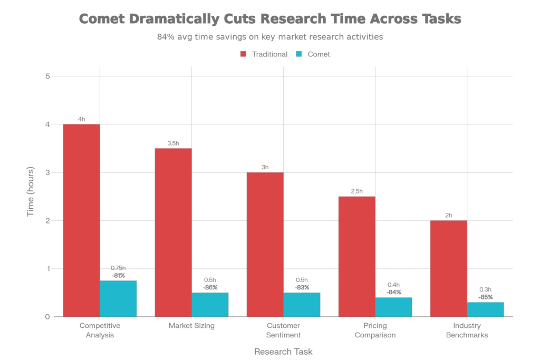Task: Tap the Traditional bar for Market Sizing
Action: [x=173, y=232]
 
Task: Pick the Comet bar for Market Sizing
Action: [x=210, y=305]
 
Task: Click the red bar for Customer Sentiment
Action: [x=265, y=245]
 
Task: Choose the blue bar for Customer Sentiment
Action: [x=302, y=305]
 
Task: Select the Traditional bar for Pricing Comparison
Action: [x=356, y=256]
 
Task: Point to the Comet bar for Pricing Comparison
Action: [x=394, y=307]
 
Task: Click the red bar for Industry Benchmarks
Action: [x=448, y=268]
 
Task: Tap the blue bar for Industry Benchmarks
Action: [x=486, y=309]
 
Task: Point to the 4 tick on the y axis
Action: [x=47, y=124]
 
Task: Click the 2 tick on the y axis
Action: [x=47, y=220]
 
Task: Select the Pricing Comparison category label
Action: [x=375, y=330]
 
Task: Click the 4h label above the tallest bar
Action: [x=81, y=119]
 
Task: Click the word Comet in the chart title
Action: [x=100, y=20]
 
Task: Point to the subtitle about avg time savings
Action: [x=269, y=37]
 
